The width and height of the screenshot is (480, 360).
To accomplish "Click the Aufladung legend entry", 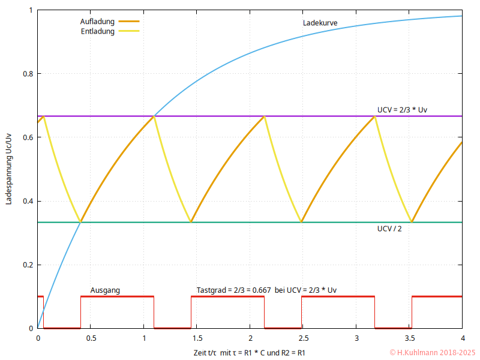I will tap(98, 22).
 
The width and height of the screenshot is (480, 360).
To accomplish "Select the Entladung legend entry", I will tap(97, 31).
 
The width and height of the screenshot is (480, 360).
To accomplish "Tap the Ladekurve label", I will tap(320, 23).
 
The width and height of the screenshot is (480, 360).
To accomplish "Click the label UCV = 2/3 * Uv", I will tap(402, 110).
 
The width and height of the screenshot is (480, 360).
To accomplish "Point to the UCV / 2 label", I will tap(389, 229).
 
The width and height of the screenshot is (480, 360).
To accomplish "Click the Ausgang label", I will tap(105, 290).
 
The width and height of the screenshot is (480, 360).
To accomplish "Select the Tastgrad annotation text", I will tap(266, 290).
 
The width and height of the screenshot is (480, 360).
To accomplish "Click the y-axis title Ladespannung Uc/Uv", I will tap(8, 170).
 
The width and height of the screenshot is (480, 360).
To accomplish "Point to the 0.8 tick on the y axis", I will tap(28, 74).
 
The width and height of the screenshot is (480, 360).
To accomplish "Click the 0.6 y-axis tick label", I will tap(28, 137).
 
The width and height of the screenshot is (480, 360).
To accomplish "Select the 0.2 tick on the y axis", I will tap(28, 265).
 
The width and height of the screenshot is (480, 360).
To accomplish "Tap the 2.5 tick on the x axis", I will tap(303, 338).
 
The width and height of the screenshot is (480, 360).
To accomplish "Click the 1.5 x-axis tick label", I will tap(197, 338).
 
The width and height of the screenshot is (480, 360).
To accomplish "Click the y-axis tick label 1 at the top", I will tap(31, 10).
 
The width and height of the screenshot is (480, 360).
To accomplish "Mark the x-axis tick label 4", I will tap(462, 338).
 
